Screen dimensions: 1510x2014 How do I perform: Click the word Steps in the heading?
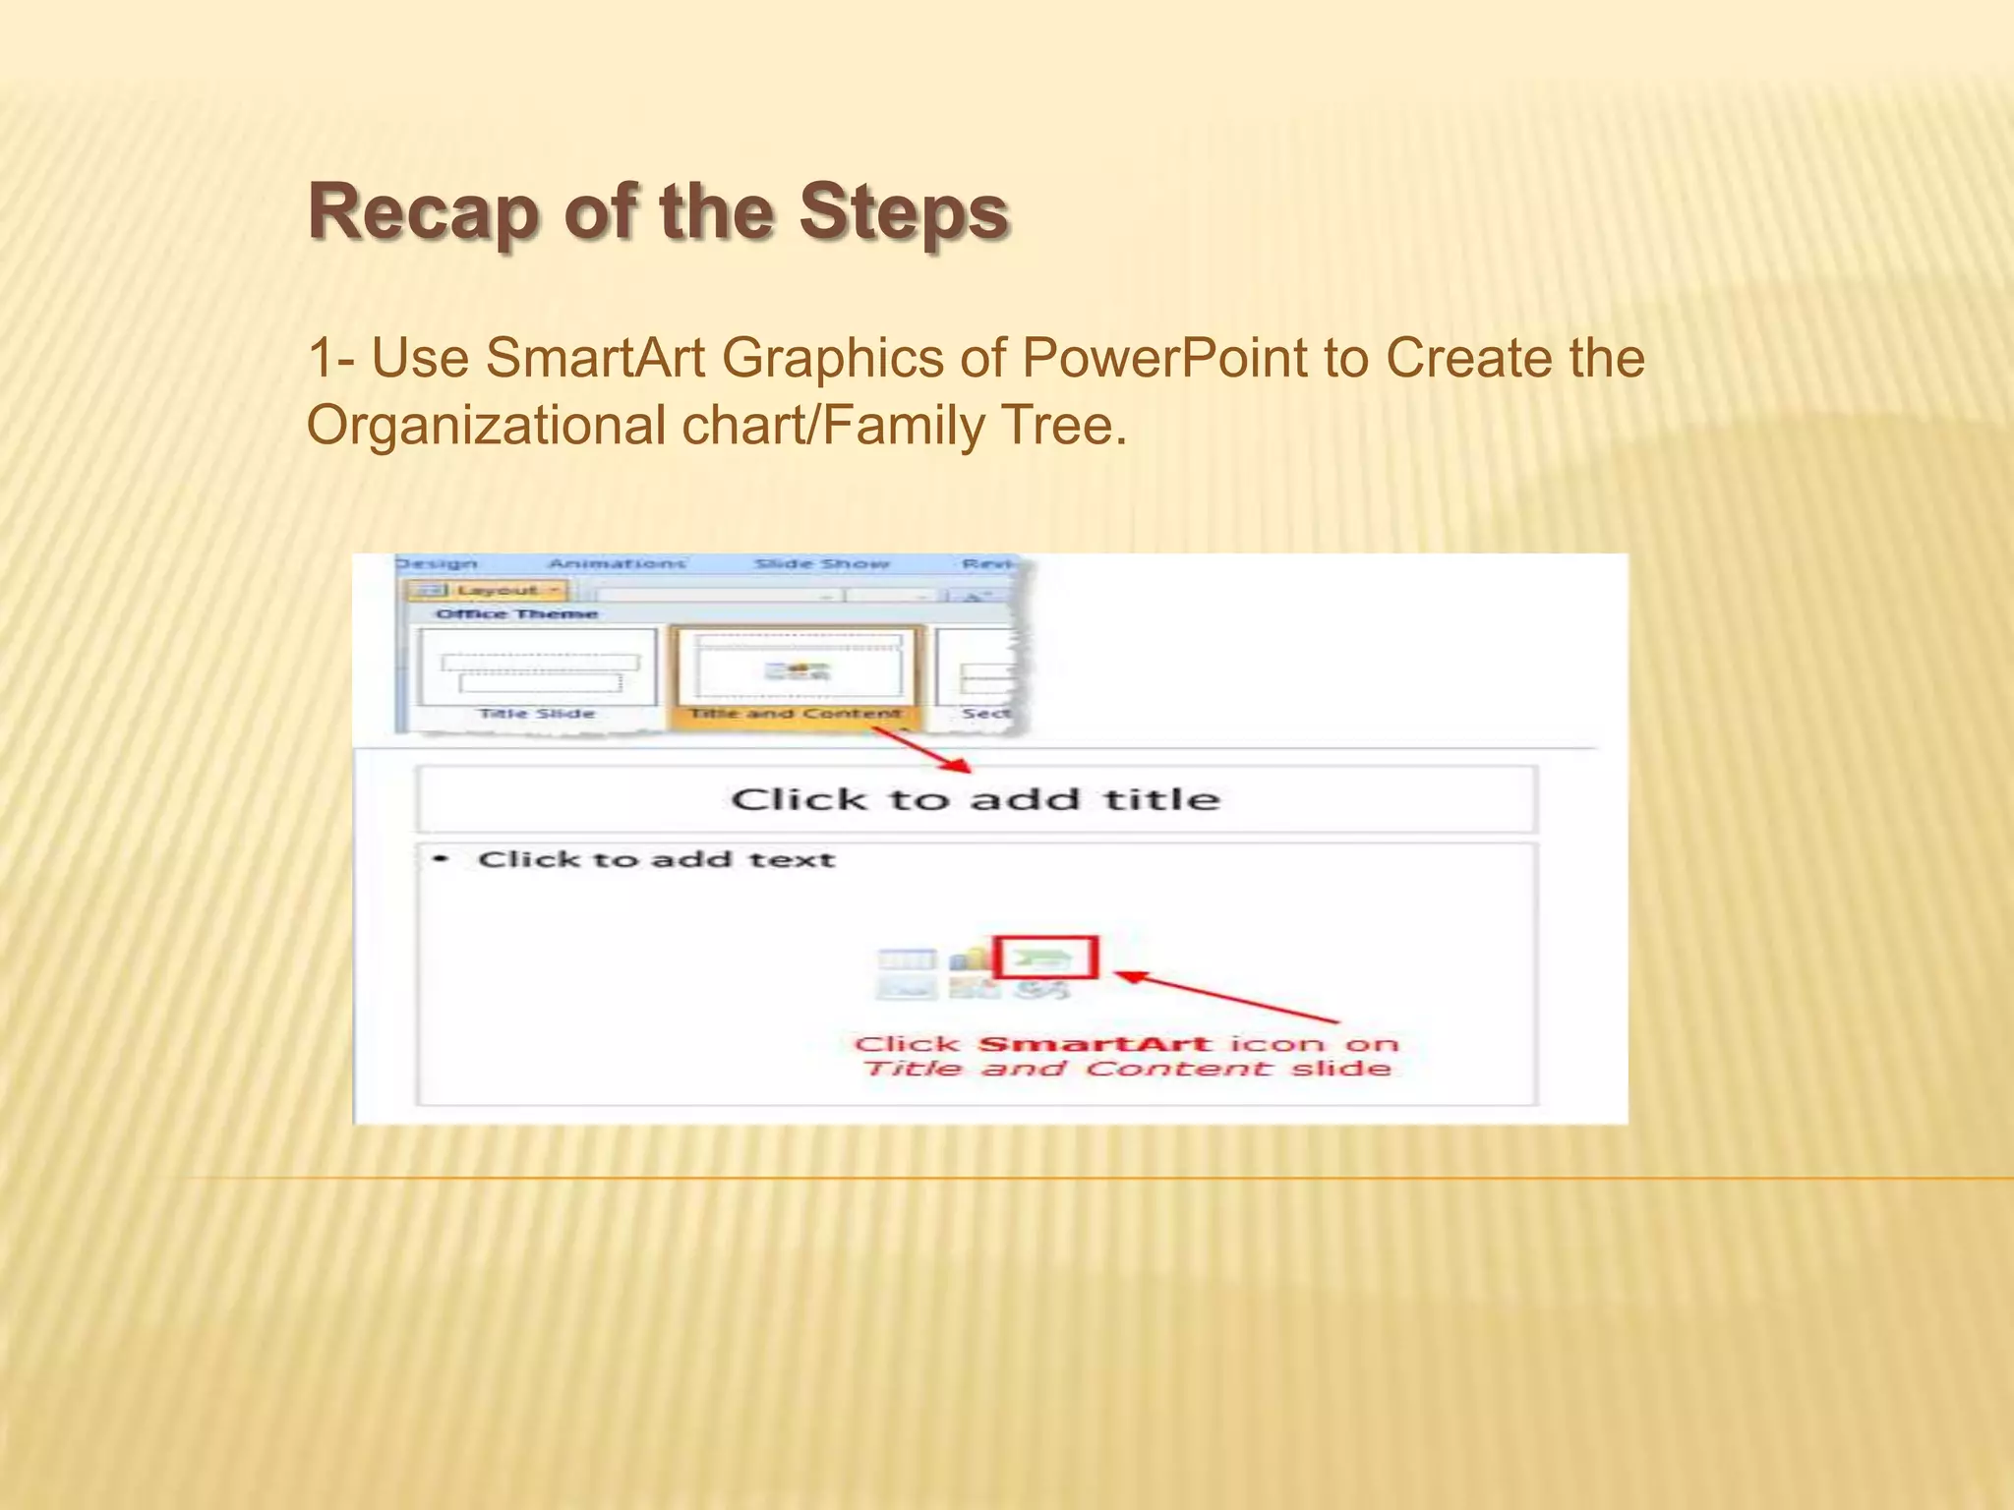pyautogui.click(x=903, y=212)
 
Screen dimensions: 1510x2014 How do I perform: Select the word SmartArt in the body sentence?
pyautogui.click(x=595, y=358)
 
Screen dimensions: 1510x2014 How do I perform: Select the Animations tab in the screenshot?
pyautogui.click(x=616, y=563)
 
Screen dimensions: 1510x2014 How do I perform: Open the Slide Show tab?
pyautogui.click(x=821, y=563)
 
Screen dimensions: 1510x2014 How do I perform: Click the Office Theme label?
pyautogui.click(x=516, y=613)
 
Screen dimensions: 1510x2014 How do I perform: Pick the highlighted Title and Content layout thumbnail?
pyautogui.click(x=796, y=671)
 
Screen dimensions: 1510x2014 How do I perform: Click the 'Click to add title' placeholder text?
pyautogui.click(x=975, y=799)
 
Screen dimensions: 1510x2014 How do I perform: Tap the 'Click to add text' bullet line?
pyautogui.click(x=656, y=859)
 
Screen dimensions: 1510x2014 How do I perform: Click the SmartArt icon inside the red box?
pyautogui.click(x=1044, y=957)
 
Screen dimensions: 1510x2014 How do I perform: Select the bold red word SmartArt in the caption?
pyautogui.click(x=1094, y=1044)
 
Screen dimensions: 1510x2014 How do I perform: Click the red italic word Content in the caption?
pyautogui.click(x=1177, y=1070)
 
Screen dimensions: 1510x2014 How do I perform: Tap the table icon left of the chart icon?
pyautogui.click(x=906, y=958)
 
